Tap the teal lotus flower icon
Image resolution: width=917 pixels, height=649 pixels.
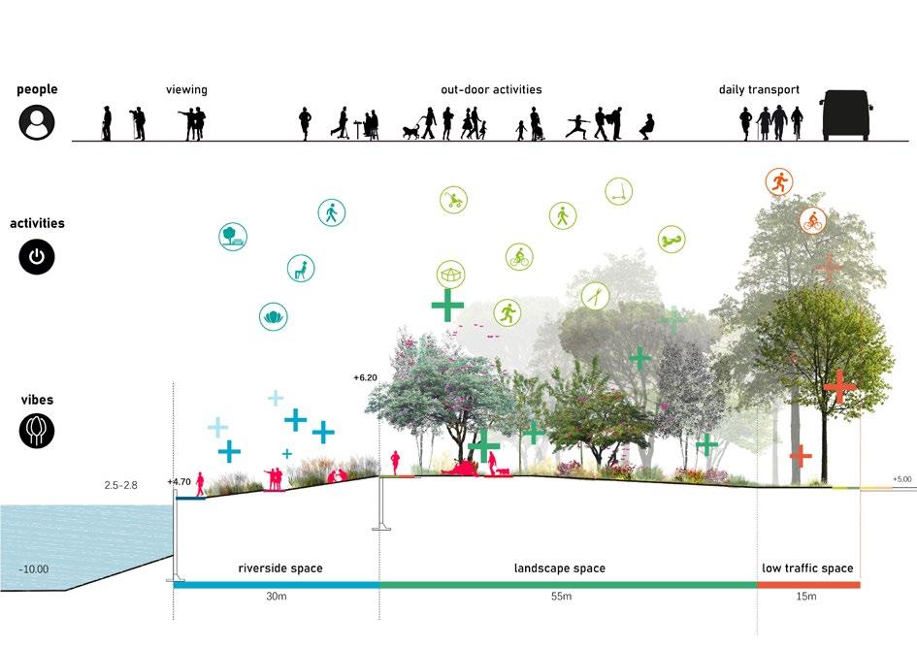coord(273,315)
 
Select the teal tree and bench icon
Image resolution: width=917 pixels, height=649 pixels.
coord(233,236)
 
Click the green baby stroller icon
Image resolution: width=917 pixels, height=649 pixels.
coord(453,200)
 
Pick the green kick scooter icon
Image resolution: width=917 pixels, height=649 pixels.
coord(618,191)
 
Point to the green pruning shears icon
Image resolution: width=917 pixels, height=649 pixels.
coord(594,295)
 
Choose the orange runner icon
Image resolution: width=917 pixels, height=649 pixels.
coord(778,180)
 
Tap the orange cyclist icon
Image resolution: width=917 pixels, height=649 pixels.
coord(813,220)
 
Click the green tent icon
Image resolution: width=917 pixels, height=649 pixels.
coord(449,275)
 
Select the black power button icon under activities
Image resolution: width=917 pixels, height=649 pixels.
coord(37,257)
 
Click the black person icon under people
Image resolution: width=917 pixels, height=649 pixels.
coord(37,123)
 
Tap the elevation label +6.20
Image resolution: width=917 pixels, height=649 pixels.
coord(364,376)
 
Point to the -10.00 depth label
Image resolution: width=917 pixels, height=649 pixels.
coord(33,569)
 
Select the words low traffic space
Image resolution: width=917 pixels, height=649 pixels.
coord(807,568)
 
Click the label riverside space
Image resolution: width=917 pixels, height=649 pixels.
coord(280,568)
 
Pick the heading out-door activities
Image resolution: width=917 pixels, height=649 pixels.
coord(491,89)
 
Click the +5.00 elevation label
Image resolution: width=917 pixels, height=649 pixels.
coord(903,479)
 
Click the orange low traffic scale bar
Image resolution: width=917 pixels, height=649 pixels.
coord(808,585)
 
